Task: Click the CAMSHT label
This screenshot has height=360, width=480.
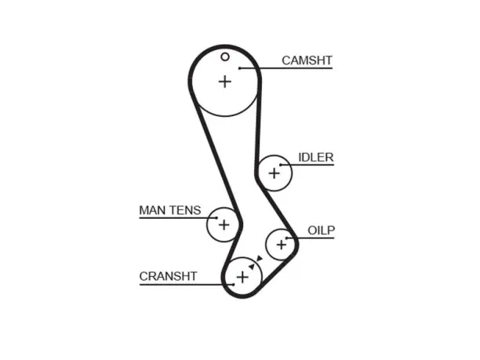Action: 307,60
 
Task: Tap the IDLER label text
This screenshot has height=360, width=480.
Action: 316,158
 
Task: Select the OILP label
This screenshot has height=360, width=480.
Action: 321,231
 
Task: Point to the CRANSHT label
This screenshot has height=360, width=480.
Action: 168,276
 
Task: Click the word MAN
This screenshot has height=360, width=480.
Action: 152,210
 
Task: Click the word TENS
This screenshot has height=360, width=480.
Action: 185,210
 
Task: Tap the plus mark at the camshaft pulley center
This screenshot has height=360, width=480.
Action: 225,82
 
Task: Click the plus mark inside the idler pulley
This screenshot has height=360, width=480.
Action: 275,173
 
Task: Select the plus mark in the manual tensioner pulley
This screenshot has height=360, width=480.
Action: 224,225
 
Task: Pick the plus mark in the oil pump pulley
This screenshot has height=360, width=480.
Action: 282,245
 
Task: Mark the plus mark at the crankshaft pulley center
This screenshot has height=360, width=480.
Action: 242,278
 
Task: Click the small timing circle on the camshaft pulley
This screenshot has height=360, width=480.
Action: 225,56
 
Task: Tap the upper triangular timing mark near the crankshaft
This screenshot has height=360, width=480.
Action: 260,258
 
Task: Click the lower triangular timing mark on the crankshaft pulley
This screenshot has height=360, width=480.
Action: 252,267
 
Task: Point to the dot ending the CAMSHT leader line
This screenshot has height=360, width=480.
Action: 240,68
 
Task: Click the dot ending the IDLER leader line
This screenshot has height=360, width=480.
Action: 281,165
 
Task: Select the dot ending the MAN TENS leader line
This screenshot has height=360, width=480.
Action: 216,218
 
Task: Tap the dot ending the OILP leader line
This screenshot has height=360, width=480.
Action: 287,238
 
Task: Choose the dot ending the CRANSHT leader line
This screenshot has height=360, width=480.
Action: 233,285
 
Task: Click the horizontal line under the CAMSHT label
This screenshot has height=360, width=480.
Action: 286,68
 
